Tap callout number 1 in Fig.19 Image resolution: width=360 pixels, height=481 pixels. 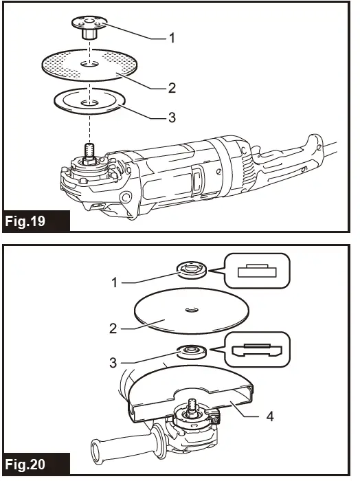[172, 38]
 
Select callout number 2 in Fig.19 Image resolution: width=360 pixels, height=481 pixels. [172, 88]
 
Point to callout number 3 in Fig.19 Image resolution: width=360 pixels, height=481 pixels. [172, 118]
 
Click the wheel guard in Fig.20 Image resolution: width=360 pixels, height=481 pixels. [192, 392]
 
